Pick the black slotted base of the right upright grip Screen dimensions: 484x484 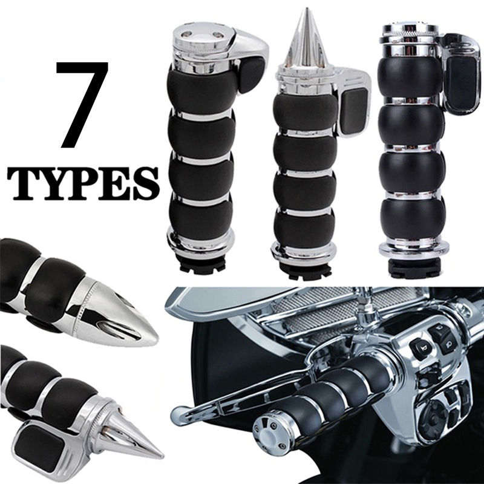click(412, 266)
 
